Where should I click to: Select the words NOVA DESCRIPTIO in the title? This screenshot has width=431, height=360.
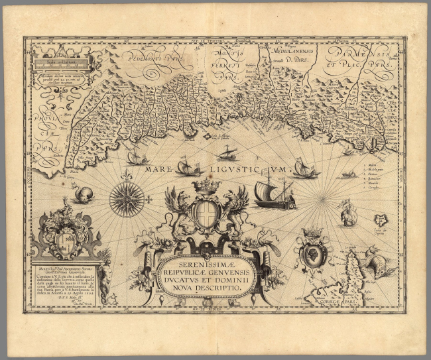[x=208, y=290]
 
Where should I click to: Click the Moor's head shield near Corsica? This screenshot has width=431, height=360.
[x=312, y=251]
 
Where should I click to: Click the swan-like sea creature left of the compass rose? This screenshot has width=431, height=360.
[x=84, y=195]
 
